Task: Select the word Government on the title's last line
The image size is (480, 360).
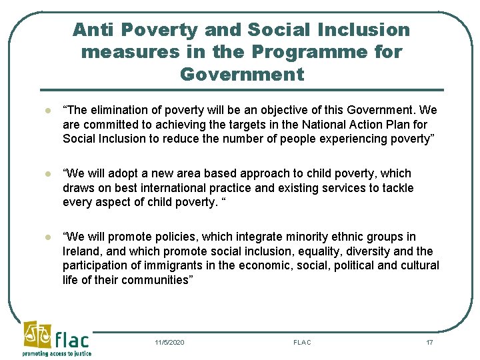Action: coord(241,74)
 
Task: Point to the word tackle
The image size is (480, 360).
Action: coord(397,189)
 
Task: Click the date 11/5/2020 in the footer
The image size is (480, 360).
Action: coord(169,343)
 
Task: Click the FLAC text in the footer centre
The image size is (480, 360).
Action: coord(302,343)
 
